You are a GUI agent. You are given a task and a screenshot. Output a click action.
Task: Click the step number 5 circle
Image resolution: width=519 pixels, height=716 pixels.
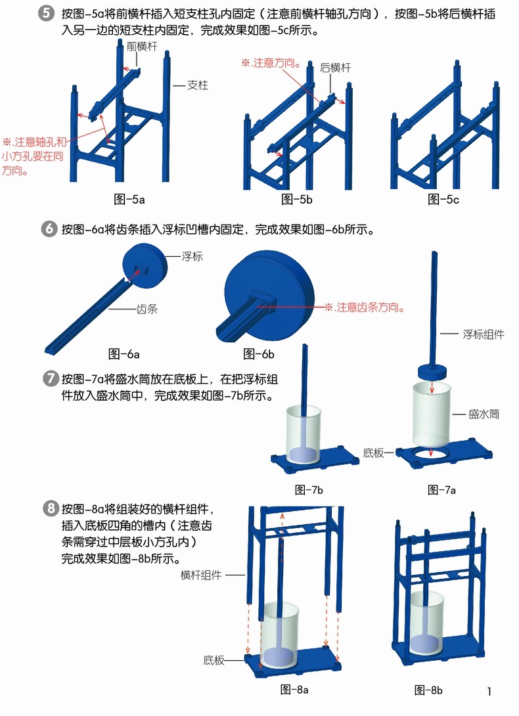(x=46, y=12)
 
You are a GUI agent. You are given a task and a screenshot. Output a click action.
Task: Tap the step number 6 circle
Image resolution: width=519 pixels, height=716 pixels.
(x=49, y=229)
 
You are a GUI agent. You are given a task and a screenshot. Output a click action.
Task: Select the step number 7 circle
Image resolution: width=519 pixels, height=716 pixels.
(x=50, y=378)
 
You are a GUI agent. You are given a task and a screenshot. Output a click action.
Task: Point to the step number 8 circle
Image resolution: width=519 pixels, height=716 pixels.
(x=50, y=508)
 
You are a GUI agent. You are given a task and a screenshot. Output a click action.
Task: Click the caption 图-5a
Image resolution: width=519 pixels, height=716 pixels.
(x=129, y=199)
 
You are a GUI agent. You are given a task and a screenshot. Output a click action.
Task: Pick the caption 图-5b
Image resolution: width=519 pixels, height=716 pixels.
(x=297, y=199)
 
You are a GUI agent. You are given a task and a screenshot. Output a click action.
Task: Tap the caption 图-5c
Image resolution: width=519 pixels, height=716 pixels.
(x=443, y=199)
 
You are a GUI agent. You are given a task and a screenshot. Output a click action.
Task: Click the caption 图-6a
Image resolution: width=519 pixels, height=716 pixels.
(x=124, y=354)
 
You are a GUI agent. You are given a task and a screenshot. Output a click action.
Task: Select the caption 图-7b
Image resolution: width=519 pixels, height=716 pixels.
(x=309, y=490)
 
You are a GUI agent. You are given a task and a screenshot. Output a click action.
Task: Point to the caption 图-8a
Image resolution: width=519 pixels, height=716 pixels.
(x=294, y=690)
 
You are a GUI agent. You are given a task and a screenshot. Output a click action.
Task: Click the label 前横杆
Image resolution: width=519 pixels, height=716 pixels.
(x=142, y=46)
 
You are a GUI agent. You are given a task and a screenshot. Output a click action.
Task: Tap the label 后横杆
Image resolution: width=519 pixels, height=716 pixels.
(x=335, y=68)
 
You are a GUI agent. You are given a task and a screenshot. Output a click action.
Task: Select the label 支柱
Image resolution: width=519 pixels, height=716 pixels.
(x=197, y=85)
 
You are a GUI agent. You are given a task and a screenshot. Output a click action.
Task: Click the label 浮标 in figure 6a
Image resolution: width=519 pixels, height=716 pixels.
(x=192, y=256)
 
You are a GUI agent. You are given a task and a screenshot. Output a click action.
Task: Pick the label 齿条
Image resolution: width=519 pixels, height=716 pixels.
(x=147, y=309)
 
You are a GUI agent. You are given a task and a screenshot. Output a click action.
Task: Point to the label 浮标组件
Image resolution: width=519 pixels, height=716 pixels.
(x=484, y=334)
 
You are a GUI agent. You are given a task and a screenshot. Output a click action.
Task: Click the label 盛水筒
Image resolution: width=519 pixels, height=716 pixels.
(x=484, y=414)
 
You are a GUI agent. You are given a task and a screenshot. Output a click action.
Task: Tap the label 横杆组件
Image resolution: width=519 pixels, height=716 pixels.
(x=201, y=575)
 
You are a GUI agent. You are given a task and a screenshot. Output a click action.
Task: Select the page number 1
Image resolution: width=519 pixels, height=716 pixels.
(x=489, y=691)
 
